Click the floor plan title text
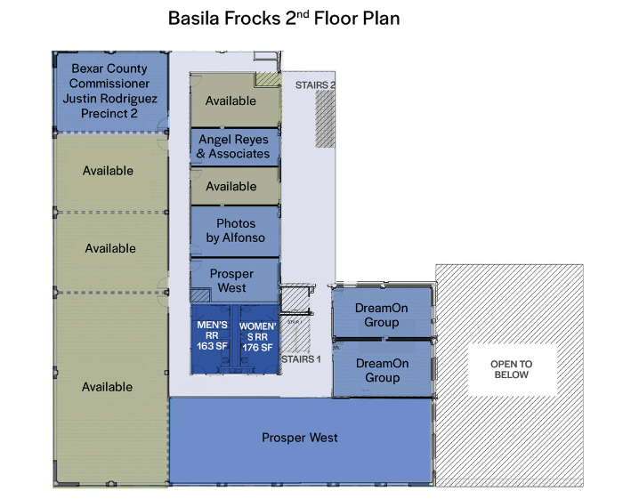284,19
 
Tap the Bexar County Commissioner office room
111,92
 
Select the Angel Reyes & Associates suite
235,147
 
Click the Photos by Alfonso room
235,231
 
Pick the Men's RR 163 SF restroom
212,339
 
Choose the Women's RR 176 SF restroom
258,339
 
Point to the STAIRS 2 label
315,85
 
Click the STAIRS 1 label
301,359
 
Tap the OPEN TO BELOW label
512,369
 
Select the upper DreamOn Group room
382,313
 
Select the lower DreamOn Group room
382,368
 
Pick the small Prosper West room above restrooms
235,280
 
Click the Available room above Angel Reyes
235,101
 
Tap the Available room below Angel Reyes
235,186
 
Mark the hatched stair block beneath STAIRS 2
325,119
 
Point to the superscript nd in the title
303,14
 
